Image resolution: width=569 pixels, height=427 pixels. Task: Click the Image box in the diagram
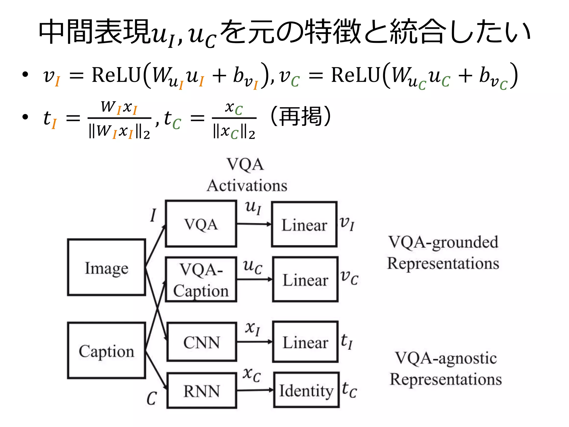(106, 267)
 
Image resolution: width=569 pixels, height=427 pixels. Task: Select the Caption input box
(106, 350)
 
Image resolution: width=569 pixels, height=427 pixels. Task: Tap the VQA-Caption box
(201, 279)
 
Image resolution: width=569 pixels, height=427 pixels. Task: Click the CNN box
(201, 342)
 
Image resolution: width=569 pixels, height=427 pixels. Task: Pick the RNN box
(202, 391)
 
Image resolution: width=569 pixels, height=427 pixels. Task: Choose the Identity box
(306, 390)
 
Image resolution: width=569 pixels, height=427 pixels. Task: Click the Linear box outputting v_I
(304, 224)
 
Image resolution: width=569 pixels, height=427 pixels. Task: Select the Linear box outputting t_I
(305, 342)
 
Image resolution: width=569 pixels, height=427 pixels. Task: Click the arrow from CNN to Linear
(254, 342)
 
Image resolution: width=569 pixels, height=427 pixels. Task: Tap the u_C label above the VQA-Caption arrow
(252, 267)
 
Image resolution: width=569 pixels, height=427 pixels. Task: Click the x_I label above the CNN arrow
(252, 328)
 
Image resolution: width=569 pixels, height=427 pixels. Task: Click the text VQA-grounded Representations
(443, 252)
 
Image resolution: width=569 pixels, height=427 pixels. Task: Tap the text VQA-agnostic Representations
(446, 368)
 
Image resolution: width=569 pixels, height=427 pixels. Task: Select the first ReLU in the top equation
(116, 75)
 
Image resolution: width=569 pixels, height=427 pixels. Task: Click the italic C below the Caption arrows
(152, 398)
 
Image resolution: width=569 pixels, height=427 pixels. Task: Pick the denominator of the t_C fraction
(234, 132)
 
